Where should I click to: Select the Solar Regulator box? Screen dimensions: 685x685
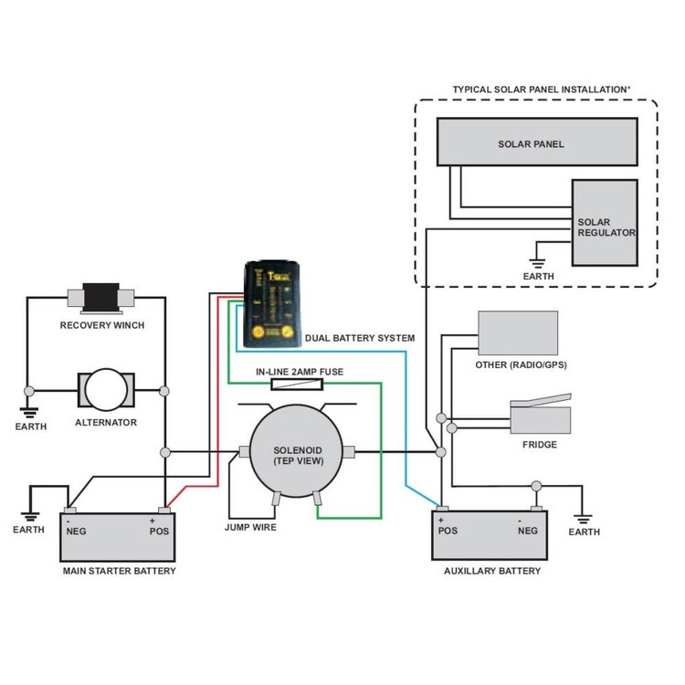[605, 223]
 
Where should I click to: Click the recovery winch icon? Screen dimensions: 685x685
[102, 298]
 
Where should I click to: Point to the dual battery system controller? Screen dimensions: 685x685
[271, 304]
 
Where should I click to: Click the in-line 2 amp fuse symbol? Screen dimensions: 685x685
[297, 385]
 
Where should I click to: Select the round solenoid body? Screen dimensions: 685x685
[294, 450]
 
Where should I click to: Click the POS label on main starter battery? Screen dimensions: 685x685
[160, 531]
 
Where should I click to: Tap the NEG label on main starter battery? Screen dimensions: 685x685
[76, 531]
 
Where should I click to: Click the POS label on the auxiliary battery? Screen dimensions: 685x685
[448, 530]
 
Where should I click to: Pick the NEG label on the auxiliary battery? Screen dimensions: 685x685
[528, 530]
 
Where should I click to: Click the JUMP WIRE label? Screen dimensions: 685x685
[250, 527]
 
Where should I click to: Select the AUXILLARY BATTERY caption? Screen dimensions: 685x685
[491, 571]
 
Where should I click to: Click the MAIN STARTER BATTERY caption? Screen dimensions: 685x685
[119, 571]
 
